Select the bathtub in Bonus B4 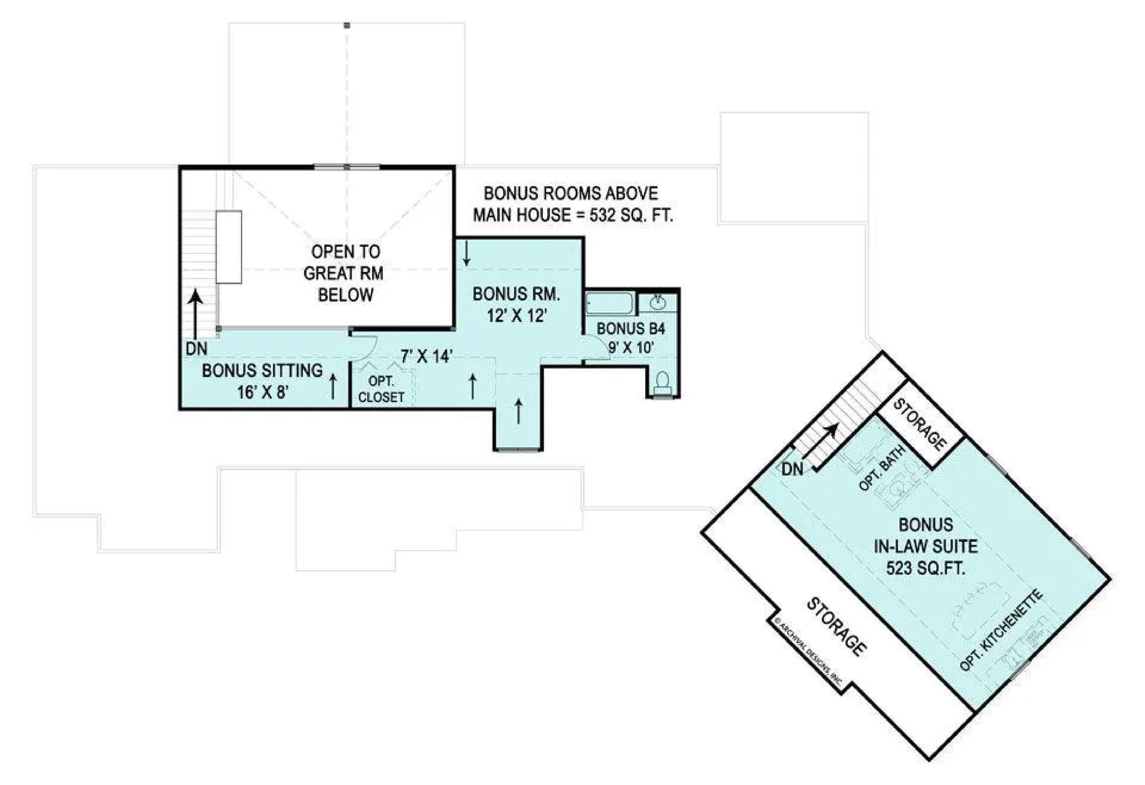(610, 303)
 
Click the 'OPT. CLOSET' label (381, 389)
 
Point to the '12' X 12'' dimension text (517, 315)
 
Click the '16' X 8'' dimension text (262, 392)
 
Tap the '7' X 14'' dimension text (427, 357)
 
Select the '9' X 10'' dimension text (631, 348)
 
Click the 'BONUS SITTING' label (262, 370)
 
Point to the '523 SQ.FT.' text (926, 568)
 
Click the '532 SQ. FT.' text (631, 215)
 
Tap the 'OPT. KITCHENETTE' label (1001, 630)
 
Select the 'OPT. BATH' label (882, 468)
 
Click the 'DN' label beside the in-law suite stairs (792, 470)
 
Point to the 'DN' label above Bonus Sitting (196, 349)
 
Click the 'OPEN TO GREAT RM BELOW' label (345, 273)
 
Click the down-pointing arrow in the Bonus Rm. (467, 254)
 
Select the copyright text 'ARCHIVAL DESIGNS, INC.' (808, 652)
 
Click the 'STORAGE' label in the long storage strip (836, 627)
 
